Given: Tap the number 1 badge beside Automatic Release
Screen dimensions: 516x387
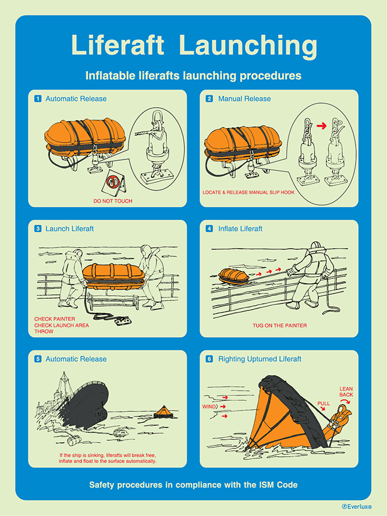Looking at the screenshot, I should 38,99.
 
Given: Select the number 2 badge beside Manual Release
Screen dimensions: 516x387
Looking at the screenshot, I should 210,99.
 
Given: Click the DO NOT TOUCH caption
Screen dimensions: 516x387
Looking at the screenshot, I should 113,201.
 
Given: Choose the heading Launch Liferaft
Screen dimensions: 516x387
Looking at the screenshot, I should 69,229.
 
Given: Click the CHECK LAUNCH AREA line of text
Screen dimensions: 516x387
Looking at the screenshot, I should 62,325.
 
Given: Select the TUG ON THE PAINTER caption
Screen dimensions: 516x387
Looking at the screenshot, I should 279,325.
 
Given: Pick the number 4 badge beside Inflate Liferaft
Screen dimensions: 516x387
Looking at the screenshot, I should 210,229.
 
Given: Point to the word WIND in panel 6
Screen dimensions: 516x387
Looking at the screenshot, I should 208,406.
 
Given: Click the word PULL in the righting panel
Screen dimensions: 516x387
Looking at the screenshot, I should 324,403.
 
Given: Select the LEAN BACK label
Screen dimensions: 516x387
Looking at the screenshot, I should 346,391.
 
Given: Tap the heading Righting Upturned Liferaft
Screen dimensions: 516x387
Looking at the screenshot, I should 260,359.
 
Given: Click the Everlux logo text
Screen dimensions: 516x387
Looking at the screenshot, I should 357,507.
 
